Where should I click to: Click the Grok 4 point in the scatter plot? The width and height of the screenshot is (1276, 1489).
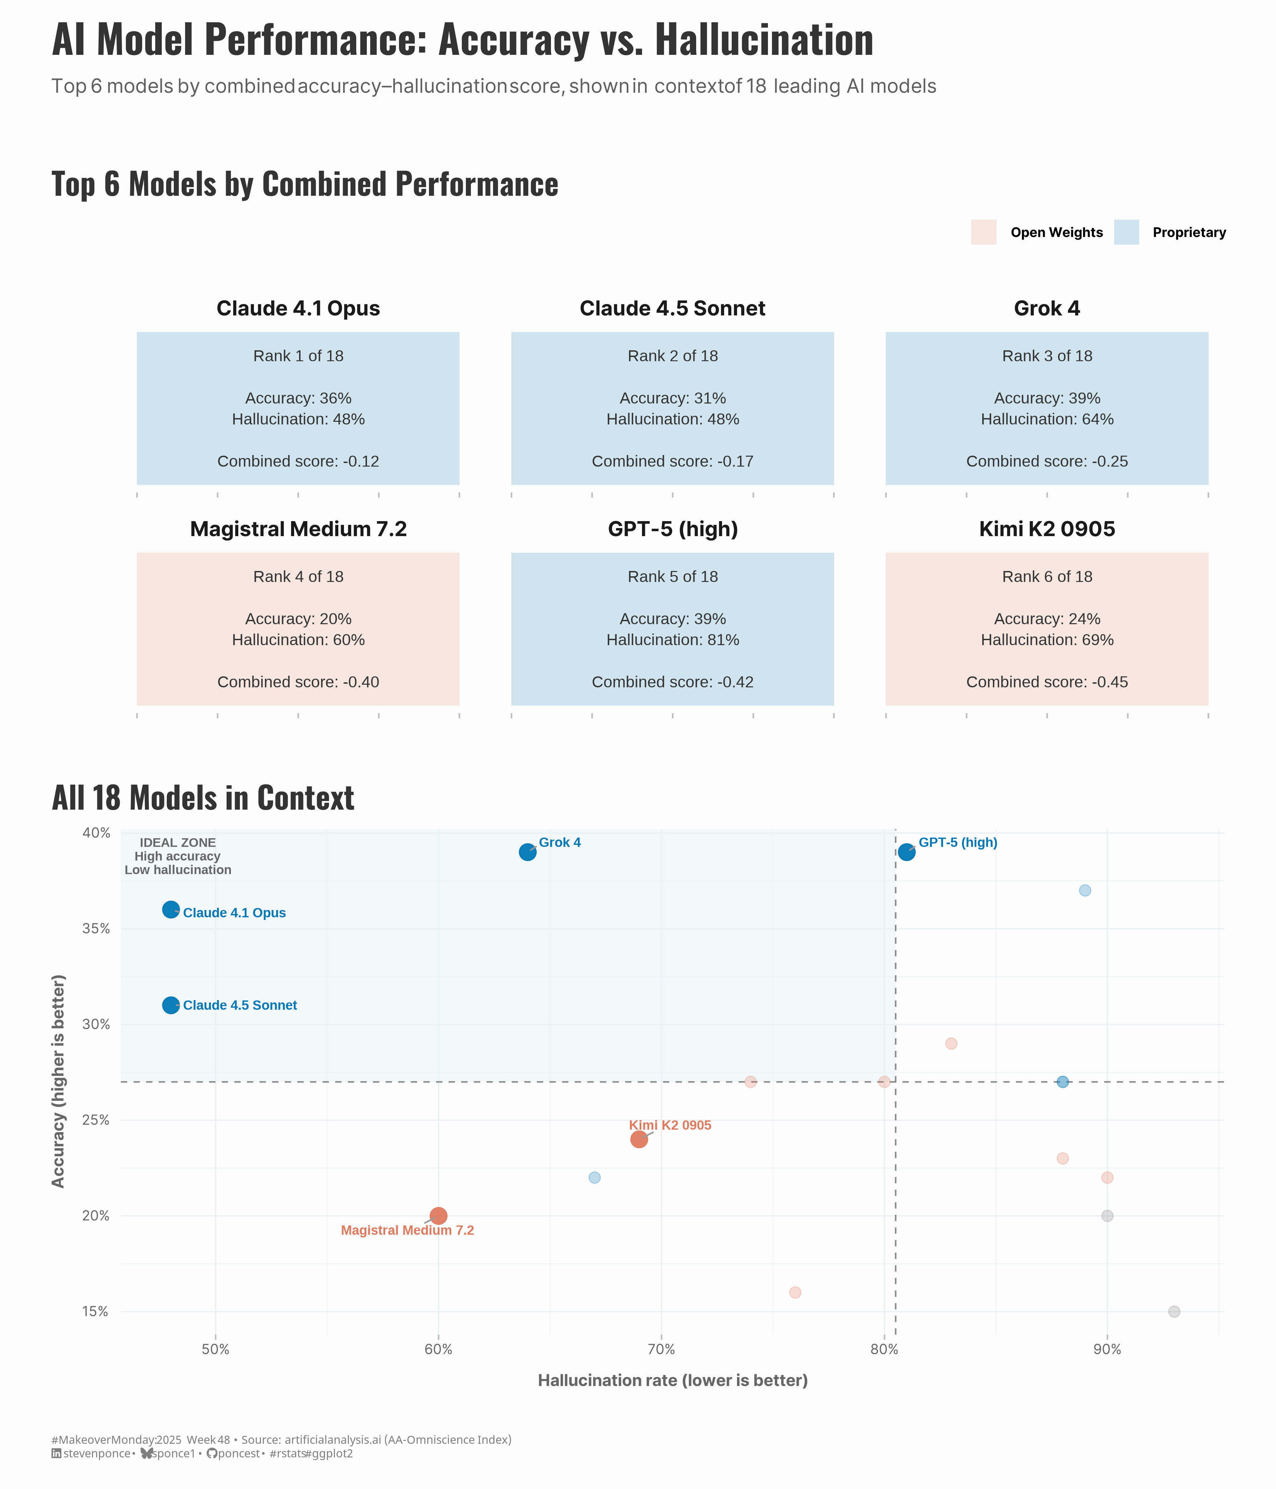coord(527,852)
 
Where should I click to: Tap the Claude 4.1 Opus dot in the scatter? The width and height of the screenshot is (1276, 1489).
coord(170,910)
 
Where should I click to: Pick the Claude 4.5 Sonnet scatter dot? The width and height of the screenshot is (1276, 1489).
coord(170,1005)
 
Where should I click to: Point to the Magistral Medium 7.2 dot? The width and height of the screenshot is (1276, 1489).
coord(438,1216)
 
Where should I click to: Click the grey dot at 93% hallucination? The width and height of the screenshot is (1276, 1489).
coord(1174,1312)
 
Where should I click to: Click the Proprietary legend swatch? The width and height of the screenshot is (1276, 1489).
coord(1126,232)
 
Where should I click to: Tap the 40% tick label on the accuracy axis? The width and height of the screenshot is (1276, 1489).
coord(96,833)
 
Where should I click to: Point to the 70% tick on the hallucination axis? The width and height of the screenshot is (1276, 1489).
coord(661,1350)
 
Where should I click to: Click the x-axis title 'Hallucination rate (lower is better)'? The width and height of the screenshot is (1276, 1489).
coord(673,1381)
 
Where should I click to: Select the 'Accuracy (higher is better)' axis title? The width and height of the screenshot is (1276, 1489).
coord(58,1082)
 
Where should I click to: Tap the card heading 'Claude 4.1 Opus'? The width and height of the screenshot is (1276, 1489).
coord(298,308)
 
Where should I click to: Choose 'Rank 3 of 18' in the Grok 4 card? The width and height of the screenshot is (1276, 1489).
coord(1047,356)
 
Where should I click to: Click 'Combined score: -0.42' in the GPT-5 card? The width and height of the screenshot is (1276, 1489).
coord(673,682)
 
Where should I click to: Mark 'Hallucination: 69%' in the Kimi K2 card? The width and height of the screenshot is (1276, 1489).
coord(1047,639)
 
